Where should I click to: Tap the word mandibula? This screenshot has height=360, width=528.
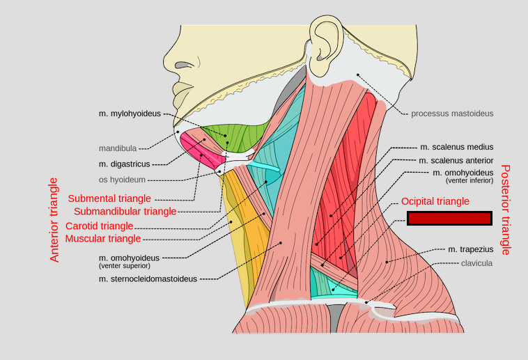point(117,148)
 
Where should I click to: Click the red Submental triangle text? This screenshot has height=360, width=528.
point(109,198)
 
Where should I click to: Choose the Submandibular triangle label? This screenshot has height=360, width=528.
point(125,212)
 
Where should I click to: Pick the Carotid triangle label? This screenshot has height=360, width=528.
point(99,226)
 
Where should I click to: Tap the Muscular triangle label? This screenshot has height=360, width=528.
point(102,239)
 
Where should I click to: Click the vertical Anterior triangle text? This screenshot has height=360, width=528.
point(55,219)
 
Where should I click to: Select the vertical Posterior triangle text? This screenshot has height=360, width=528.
point(506,209)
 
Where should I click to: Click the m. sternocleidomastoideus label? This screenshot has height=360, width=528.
point(148,279)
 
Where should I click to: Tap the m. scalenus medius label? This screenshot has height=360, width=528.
point(456,147)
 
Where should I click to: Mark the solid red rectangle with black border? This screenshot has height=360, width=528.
point(449,219)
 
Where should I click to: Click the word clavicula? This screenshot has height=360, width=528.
point(476,263)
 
